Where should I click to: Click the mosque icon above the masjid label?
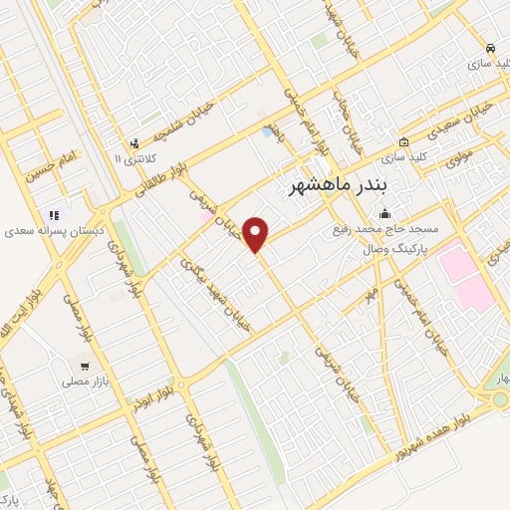(385, 212)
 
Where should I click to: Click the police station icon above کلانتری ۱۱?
(136, 142)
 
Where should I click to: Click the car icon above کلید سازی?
(489, 48)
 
